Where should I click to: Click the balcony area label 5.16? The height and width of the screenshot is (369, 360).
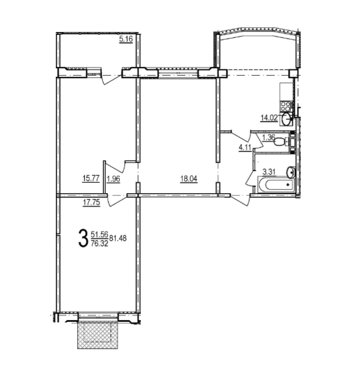point(126,39)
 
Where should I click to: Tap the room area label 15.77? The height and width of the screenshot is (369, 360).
point(91,179)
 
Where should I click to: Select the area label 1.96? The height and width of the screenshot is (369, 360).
point(113,179)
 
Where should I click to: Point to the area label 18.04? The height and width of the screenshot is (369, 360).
point(189,179)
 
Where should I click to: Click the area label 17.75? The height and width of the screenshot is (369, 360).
point(91,203)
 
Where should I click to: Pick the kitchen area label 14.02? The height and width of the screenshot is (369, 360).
point(269,118)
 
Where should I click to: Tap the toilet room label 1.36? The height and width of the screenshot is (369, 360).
point(268,137)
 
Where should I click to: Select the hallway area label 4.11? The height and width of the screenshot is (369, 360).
point(245,148)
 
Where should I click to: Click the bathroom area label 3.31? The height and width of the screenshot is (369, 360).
point(269,172)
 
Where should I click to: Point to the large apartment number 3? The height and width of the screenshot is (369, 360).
point(82,239)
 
